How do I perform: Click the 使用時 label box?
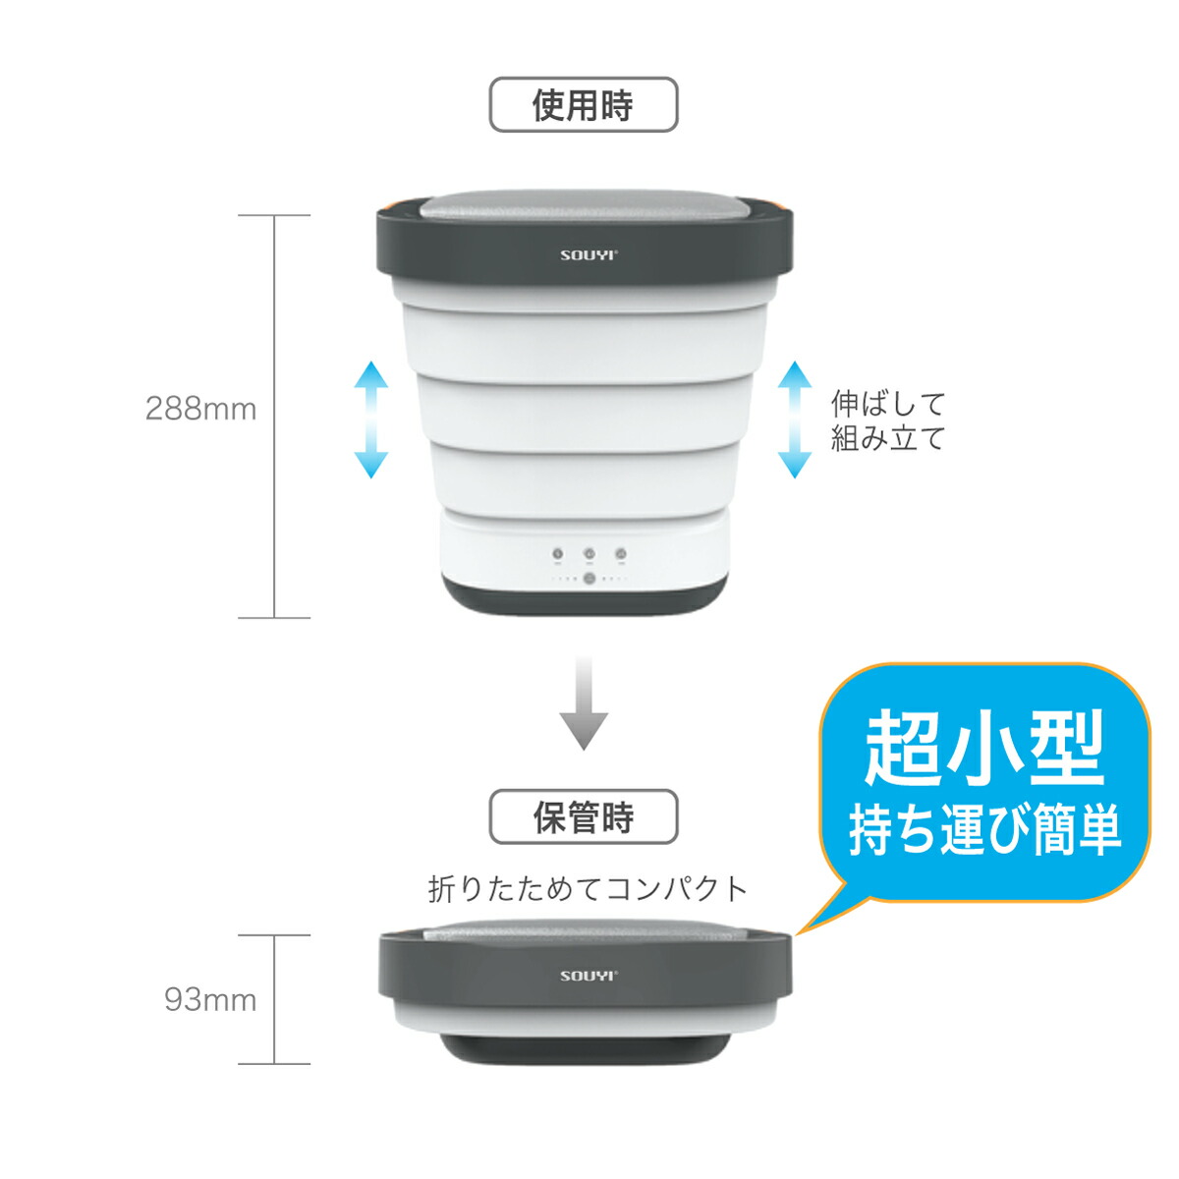tap(584, 105)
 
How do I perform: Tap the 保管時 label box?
tap(584, 817)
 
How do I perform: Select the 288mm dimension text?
tap(200, 409)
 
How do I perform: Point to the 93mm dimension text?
tap(210, 1000)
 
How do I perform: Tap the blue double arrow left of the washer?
tap(370, 420)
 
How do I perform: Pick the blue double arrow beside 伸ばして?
tap(795, 420)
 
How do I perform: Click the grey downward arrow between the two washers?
tap(584, 703)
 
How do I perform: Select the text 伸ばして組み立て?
tap(887, 421)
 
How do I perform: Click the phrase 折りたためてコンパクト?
tap(589, 889)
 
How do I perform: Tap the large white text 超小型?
tap(984, 749)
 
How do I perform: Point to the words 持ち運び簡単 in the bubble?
tap(984, 830)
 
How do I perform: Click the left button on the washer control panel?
tap(557, 554)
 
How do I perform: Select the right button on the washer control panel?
tap(621, 554)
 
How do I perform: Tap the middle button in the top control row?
tap(589, 554)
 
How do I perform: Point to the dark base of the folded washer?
tap(586, 1047)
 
